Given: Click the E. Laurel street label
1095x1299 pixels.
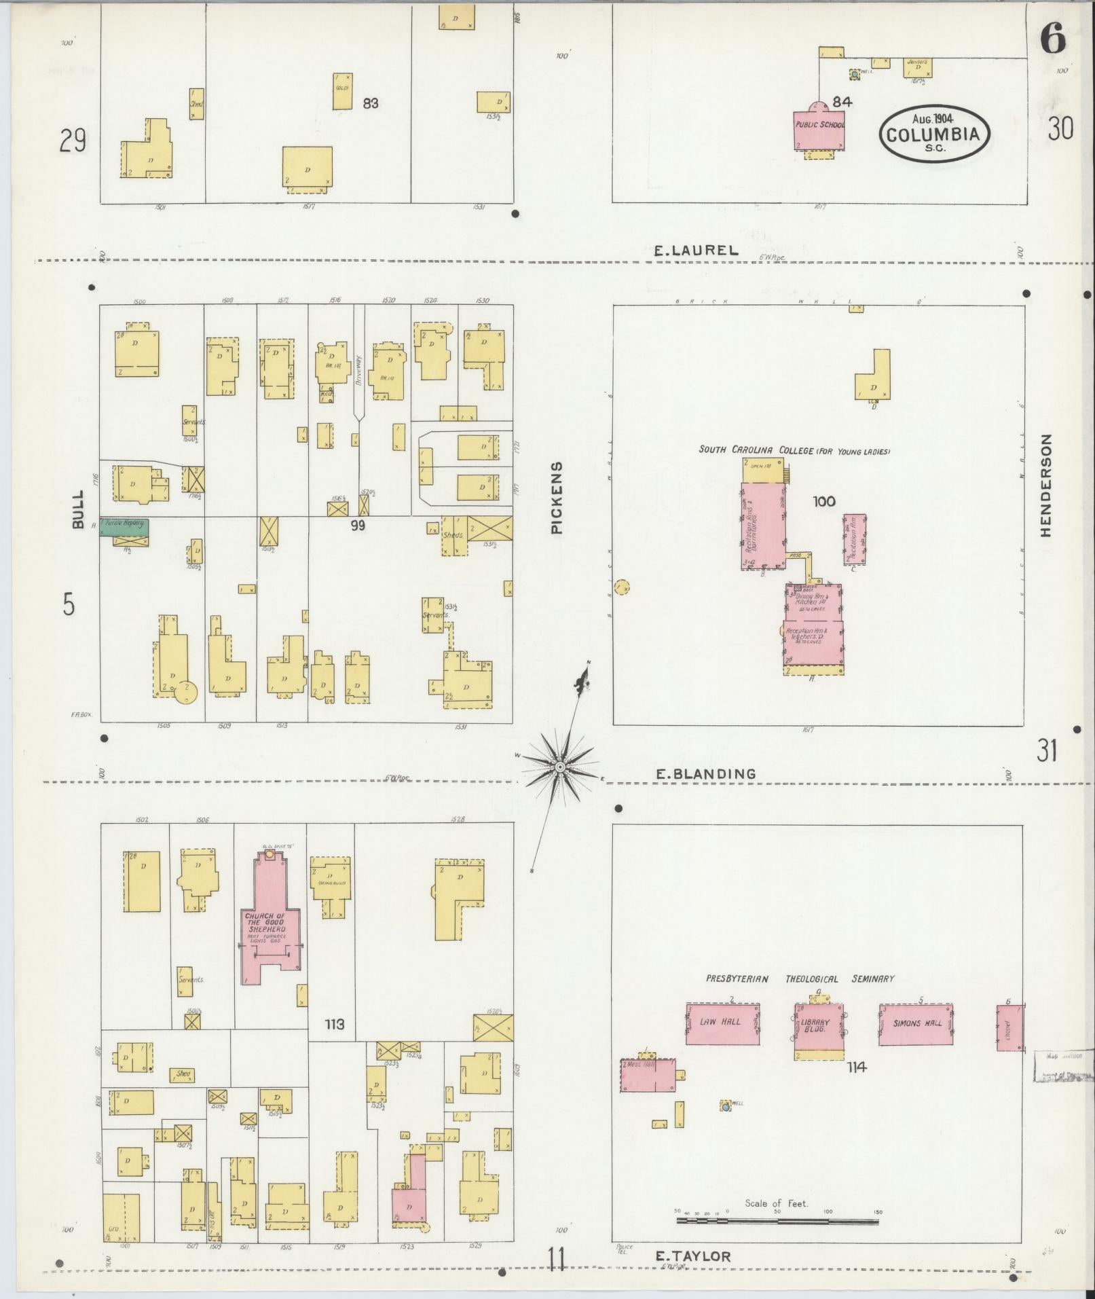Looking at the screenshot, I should [696, 250].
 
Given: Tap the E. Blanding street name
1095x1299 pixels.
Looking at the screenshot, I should [705, 773].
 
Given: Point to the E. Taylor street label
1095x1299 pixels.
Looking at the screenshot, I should [693, 1256].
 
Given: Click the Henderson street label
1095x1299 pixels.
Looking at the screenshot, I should [1046, 486].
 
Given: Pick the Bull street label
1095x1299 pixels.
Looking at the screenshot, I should [78, 509].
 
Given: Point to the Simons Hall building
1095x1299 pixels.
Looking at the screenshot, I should [916, 1024].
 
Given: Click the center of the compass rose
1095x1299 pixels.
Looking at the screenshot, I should [560, 767].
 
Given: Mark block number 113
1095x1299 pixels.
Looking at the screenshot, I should [335, 1025].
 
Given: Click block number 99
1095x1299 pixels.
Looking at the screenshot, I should [358, 524].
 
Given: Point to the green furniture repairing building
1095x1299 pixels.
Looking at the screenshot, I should [125, 527].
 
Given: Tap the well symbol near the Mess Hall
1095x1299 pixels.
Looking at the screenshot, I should [726, 1106].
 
